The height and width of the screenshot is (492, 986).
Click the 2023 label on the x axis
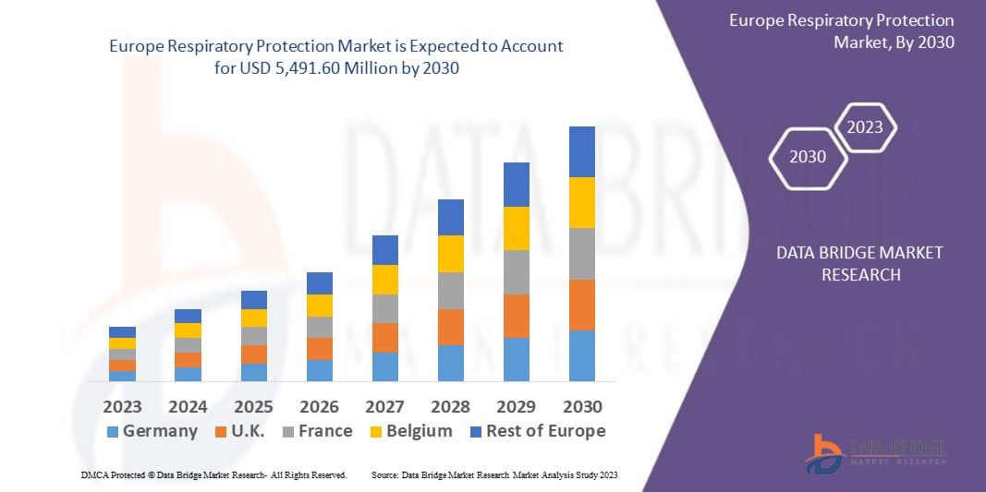122,407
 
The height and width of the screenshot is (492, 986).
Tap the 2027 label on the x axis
385,407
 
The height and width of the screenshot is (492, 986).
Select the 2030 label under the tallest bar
582,407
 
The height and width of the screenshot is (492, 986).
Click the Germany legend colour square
114,432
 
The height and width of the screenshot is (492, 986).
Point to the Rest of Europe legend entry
536,431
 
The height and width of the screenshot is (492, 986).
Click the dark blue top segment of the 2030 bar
582,151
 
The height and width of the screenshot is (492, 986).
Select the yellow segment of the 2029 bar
517,228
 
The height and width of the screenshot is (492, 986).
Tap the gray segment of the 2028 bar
451,290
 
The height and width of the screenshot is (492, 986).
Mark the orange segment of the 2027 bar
385,337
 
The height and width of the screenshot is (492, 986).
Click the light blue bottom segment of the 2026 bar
320,370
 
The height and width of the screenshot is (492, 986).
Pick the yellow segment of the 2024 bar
189,330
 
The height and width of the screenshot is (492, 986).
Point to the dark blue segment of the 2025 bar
254,300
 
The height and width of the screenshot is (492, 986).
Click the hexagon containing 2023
865,127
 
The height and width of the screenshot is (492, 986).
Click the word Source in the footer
384,474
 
